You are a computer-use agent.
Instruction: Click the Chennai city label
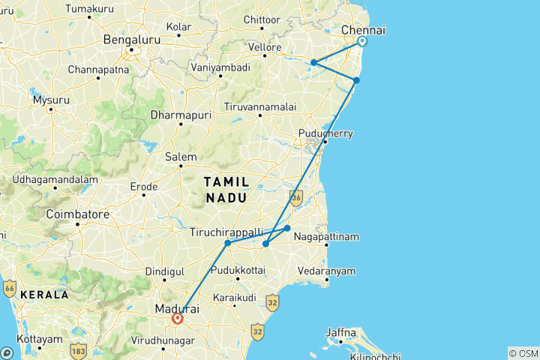tap(363, 30)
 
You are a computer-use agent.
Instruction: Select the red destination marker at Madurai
tap(178, 318)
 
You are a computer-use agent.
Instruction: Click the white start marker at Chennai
tap(362, 42)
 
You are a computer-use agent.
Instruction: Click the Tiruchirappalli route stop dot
tap(227, 243)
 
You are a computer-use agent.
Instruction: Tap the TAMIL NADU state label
tap(225, 189)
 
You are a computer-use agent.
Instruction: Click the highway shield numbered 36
tap(296, 198)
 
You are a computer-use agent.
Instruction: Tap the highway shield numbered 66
tap(10, 288)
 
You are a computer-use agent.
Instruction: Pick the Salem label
tap(181, 157)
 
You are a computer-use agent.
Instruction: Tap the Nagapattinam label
tap(326, 237)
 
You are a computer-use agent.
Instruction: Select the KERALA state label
tap(44, 295)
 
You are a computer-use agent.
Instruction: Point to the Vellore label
tap(265, 47)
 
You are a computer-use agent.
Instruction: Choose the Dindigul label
tap(164, 270)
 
